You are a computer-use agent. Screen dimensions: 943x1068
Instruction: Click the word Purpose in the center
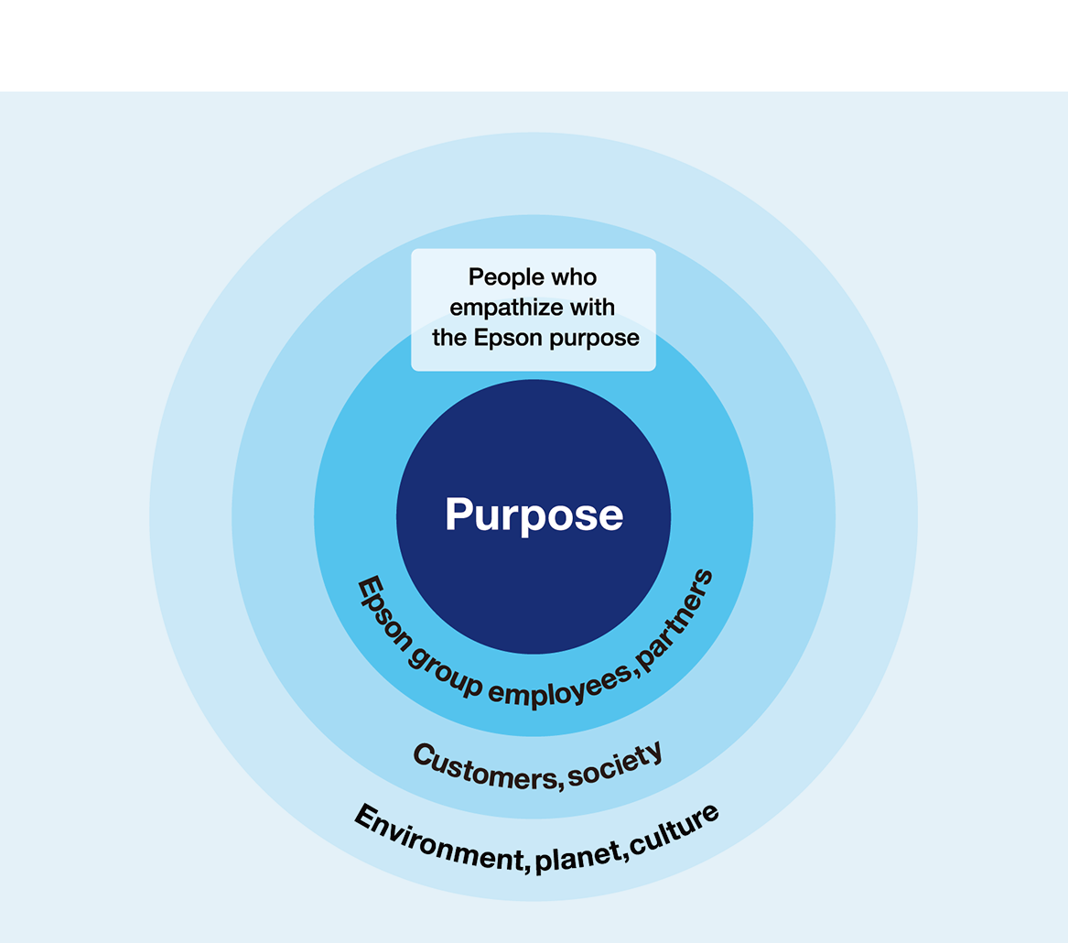pos(534,515)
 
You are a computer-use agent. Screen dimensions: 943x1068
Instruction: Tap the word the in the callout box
pos(449,337)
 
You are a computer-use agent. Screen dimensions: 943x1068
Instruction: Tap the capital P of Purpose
pos(458,515)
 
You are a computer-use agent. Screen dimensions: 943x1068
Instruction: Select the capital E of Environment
pos(367,814)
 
